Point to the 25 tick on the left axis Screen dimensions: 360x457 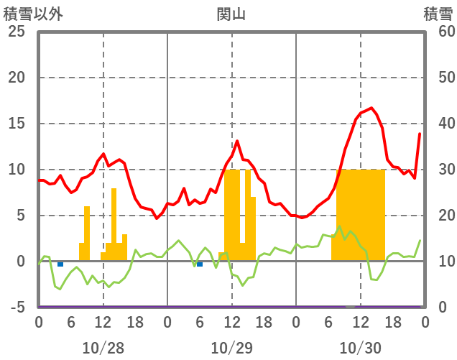click(17, 32)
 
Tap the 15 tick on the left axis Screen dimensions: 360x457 click(17, 124)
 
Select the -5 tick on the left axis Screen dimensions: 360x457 click(17, 308)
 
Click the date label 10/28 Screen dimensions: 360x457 click(103, 349)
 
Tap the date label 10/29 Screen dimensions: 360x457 click(231, 349)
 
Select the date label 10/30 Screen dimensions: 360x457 click(360, 349)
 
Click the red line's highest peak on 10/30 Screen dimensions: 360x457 click(371, 108)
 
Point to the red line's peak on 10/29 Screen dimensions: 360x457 click(237, 141)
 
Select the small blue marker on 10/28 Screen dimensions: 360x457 click(60, 264)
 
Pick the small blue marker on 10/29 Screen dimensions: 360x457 click(200, 264)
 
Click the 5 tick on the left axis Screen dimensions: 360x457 click(21, 216)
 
